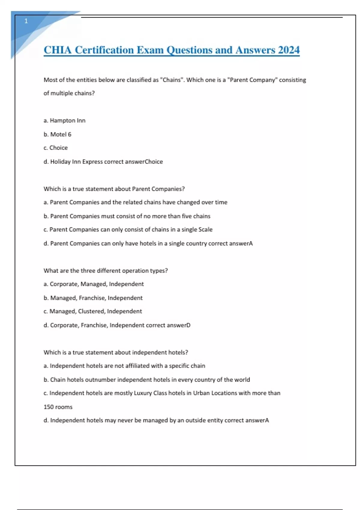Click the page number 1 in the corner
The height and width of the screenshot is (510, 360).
tap(26, 21)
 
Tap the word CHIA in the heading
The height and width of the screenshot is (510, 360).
tap(58, 50)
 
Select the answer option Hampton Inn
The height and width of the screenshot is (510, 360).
tap(67, 121)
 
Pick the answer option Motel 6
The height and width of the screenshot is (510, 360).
tap(61, 134)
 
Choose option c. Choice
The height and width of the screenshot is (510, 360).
tap(55, 148)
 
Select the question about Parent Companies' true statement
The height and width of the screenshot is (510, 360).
tap(114, 189)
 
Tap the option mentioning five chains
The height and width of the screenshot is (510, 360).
tap(130, 216)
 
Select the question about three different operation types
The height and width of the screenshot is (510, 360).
tap(106, 271)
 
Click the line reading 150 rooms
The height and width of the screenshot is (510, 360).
tap(58, 407)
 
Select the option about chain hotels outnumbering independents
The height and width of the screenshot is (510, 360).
tap(147, 380)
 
